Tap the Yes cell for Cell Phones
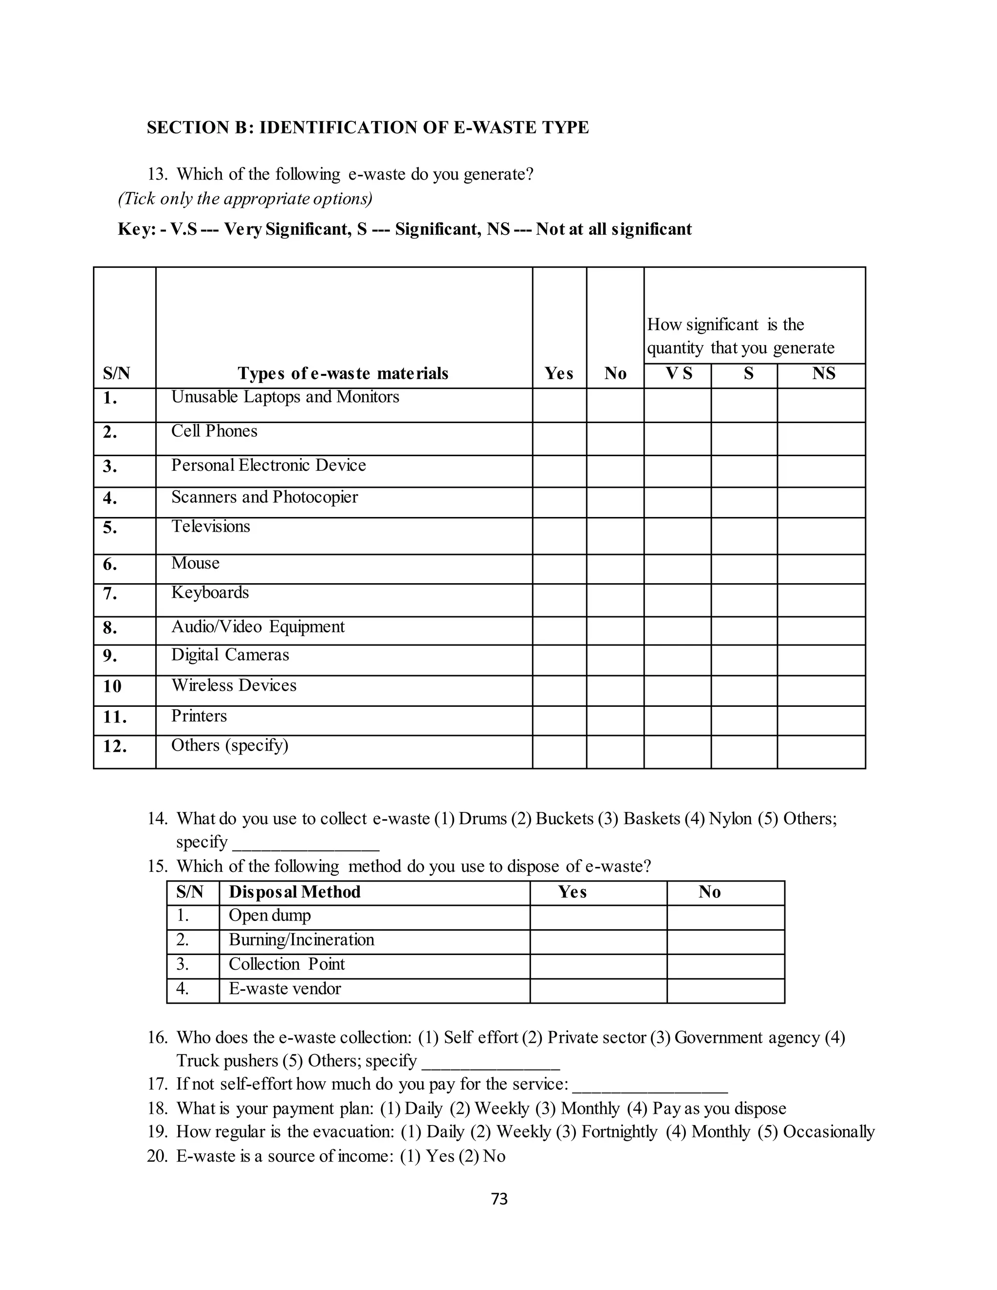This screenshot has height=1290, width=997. [x=559, y=439]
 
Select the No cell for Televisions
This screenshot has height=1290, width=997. [x=615, y=536]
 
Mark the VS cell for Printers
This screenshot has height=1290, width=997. [x=678, y=720]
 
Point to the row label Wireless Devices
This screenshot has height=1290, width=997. [x=234, y=685]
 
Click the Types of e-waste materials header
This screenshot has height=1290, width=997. [x=343, y=373]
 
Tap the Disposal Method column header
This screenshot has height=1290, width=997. [x=295, y=892]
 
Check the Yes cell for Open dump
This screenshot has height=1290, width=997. [x=598, y=917]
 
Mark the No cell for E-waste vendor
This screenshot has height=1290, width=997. [x=726, y=991]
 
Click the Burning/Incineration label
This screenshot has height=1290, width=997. [x=301, y=940]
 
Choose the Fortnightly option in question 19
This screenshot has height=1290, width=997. [x=619, y=1132]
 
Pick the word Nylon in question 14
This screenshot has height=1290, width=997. [x=730, y=819]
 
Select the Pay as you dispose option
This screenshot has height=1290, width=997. [x=720, y=1108]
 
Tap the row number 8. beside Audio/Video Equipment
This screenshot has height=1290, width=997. [x=110, y=628]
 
